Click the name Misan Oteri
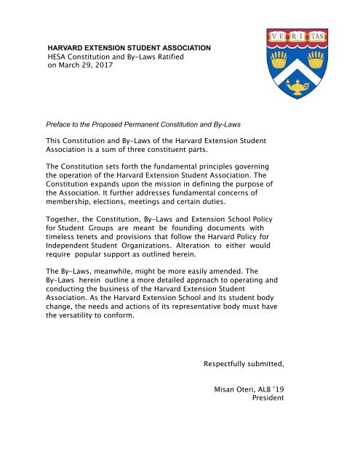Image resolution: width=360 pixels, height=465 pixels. tap(239, 389)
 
